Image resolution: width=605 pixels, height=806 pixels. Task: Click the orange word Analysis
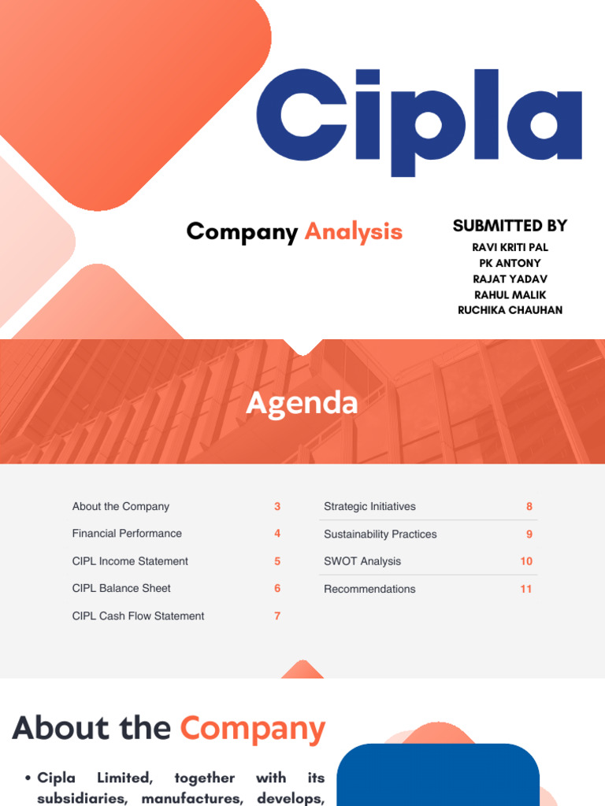tap(353, 231)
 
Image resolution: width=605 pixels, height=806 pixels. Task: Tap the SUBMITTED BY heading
tap(510, 226)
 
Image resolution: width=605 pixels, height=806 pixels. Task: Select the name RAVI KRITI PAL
tap(510, 247)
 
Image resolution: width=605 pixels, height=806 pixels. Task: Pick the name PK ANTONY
tap(510, 263)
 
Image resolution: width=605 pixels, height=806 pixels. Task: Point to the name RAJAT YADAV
tap(510, 279)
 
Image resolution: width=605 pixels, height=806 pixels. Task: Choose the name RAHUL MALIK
tap(510, 294)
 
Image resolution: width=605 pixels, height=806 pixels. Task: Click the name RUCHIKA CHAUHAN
tap(510, 310)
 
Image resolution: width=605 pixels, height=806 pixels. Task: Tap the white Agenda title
tap(302, 403)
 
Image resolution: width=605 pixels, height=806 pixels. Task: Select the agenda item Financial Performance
tap(127, 534)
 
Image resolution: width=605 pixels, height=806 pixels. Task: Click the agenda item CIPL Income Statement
tap(130, 561)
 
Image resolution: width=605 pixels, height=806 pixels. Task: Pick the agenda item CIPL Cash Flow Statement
tap(138, 616)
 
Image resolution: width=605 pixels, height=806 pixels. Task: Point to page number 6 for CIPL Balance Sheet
tap(277, 589)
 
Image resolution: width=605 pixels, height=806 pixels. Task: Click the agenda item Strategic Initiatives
tap(369, 507)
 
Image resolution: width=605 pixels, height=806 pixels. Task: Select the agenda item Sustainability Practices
tap(380, 534)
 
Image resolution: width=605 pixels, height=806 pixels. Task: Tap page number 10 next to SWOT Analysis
tap(526, 562)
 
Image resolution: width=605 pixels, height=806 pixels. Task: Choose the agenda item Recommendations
tap(369, 590)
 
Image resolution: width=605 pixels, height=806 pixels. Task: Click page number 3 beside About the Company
tap(277, 507)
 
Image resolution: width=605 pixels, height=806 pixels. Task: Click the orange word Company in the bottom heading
tap(252, 729)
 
